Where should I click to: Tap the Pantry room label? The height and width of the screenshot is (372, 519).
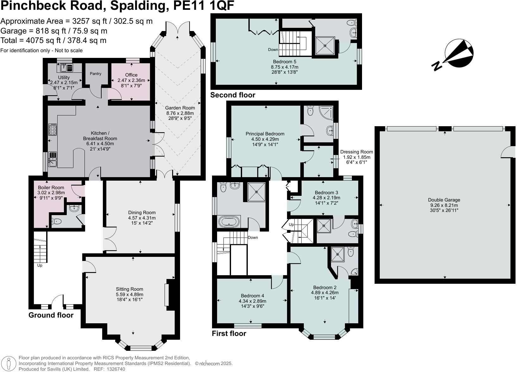tap(96, 74)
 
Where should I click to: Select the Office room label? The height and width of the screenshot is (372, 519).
tap(131, 75)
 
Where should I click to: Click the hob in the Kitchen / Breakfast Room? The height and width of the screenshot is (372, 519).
tap(53, 130)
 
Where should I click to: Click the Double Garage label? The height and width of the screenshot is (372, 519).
tap(444, 200)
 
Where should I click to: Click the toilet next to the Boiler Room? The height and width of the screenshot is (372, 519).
tap(57, 221)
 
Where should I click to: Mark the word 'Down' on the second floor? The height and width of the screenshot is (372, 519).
tap(273, 50)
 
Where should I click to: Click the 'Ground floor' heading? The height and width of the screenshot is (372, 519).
tap(51, 315)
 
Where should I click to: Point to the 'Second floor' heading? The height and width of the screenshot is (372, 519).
tap(233, 95)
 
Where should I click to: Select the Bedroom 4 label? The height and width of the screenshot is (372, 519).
tap(252, 296)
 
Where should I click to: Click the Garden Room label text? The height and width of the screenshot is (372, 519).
tap(180, 108)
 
